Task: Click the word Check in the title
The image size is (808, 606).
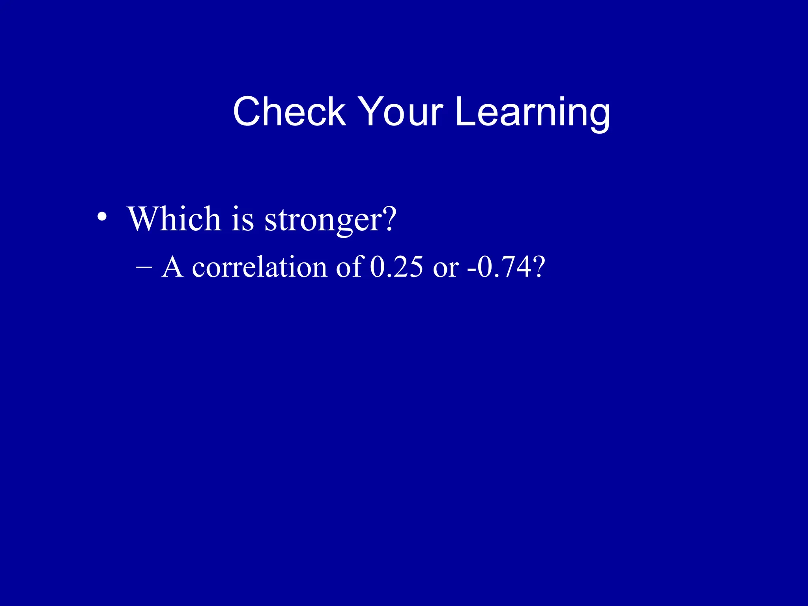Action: point(289,112)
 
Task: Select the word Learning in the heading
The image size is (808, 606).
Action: point(532,112)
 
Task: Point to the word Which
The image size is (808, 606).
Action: point(174,219)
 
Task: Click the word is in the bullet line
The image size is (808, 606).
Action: point(242,219)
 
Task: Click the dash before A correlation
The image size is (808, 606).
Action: point(144,267)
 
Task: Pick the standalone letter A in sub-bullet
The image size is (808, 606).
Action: point(172,267)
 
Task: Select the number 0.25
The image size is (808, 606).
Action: point(397,267)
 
